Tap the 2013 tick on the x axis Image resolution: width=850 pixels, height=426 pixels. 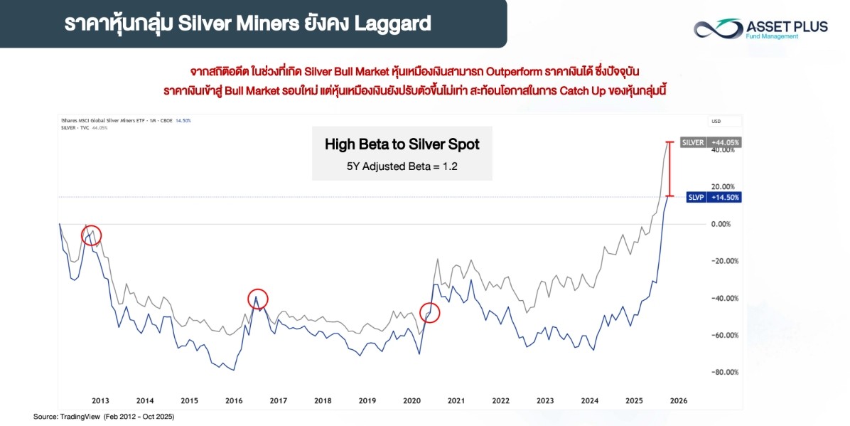coord(100,400)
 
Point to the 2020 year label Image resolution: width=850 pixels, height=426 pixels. coord(412,400)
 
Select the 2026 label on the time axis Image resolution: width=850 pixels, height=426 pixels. coord(678,400)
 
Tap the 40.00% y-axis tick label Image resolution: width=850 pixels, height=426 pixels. coord(724,150)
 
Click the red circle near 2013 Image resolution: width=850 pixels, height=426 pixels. coord(91,235)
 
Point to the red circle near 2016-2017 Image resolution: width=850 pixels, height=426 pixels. coord(258,299)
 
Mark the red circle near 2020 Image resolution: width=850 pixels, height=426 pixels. coord(430,311)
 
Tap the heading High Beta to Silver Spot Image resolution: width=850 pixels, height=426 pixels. coord(402,144)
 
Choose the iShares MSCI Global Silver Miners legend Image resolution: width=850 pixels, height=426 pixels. coord(121,120)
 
